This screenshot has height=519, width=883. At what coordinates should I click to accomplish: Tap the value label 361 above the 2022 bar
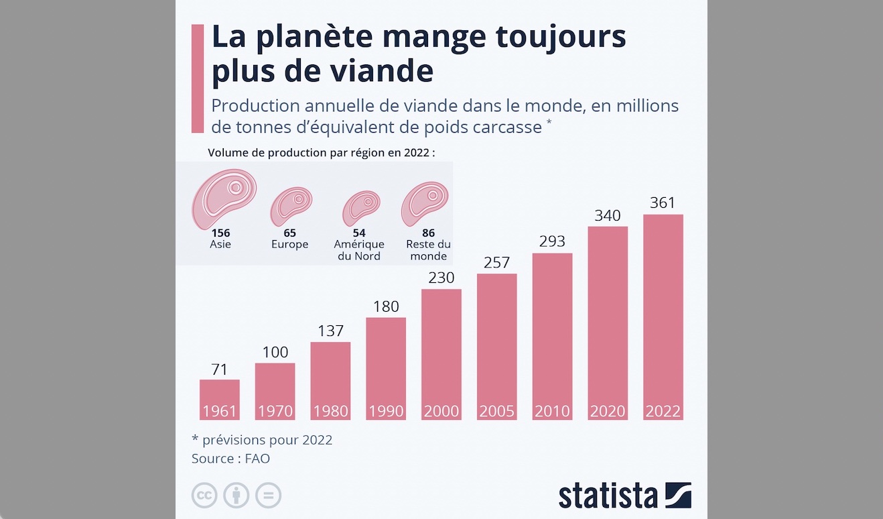[663, 203]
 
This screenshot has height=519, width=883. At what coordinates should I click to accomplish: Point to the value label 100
[275, 352]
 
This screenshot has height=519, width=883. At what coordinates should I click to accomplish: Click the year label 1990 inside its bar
[386, 411]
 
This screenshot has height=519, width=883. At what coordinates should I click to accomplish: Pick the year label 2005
[496, 411]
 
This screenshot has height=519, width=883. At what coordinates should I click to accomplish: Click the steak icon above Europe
[291, 207]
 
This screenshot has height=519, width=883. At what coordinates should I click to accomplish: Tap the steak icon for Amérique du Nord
[361, 208]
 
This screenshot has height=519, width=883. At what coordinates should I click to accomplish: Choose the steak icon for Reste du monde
[425, 203]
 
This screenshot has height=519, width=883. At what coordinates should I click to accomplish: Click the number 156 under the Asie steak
[220, 233]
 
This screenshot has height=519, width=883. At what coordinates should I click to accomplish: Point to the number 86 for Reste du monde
[428, 233]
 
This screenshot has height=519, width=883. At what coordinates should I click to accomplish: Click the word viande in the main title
[389, 72]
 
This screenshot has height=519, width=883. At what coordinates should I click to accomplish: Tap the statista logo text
[608, 496]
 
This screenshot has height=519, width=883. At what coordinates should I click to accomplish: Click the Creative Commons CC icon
[204, 496]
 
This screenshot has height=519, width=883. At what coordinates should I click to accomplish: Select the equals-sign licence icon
[269, 496]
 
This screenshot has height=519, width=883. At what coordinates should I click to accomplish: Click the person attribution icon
[236, 496]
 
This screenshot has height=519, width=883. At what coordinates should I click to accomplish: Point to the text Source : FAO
[230, 459]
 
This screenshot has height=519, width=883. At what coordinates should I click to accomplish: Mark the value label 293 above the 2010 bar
[552, 241]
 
